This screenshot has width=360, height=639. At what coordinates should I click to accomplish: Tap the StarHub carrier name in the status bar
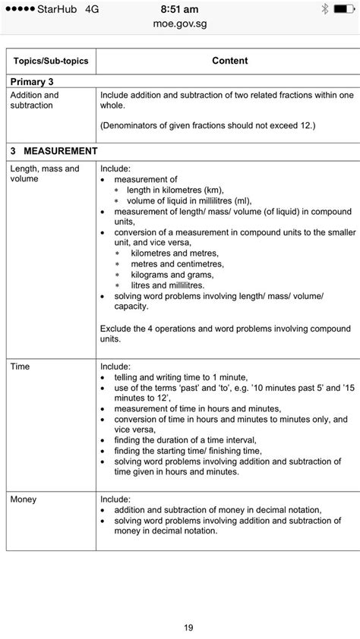(54, 9)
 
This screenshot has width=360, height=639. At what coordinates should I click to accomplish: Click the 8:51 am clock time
(180, 9)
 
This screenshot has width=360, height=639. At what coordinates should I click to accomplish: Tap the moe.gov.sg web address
(180, 24)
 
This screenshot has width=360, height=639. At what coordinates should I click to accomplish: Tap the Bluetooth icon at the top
(325, 9)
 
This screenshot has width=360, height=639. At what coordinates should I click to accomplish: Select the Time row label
(20, 366)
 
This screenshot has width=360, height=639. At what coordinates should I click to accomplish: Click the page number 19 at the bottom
(188, 627)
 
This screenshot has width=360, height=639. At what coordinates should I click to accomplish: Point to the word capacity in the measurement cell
(132, 307)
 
